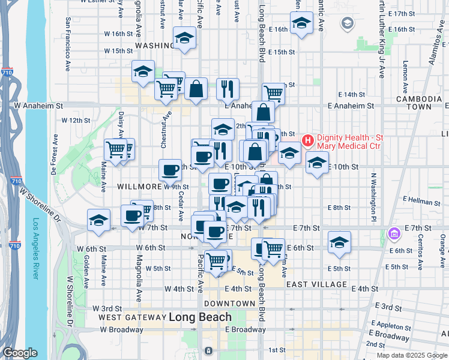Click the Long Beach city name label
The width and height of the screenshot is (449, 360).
(200, 317)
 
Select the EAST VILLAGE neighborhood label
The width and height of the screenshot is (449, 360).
(316, 284)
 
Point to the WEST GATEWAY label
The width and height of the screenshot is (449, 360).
(131, 317)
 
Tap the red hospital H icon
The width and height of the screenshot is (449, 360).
(308, 141)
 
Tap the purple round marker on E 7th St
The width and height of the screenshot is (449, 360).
(394, 233)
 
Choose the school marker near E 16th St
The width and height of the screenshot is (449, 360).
(301, 24)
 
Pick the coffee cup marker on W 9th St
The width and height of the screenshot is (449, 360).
(170, 171)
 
